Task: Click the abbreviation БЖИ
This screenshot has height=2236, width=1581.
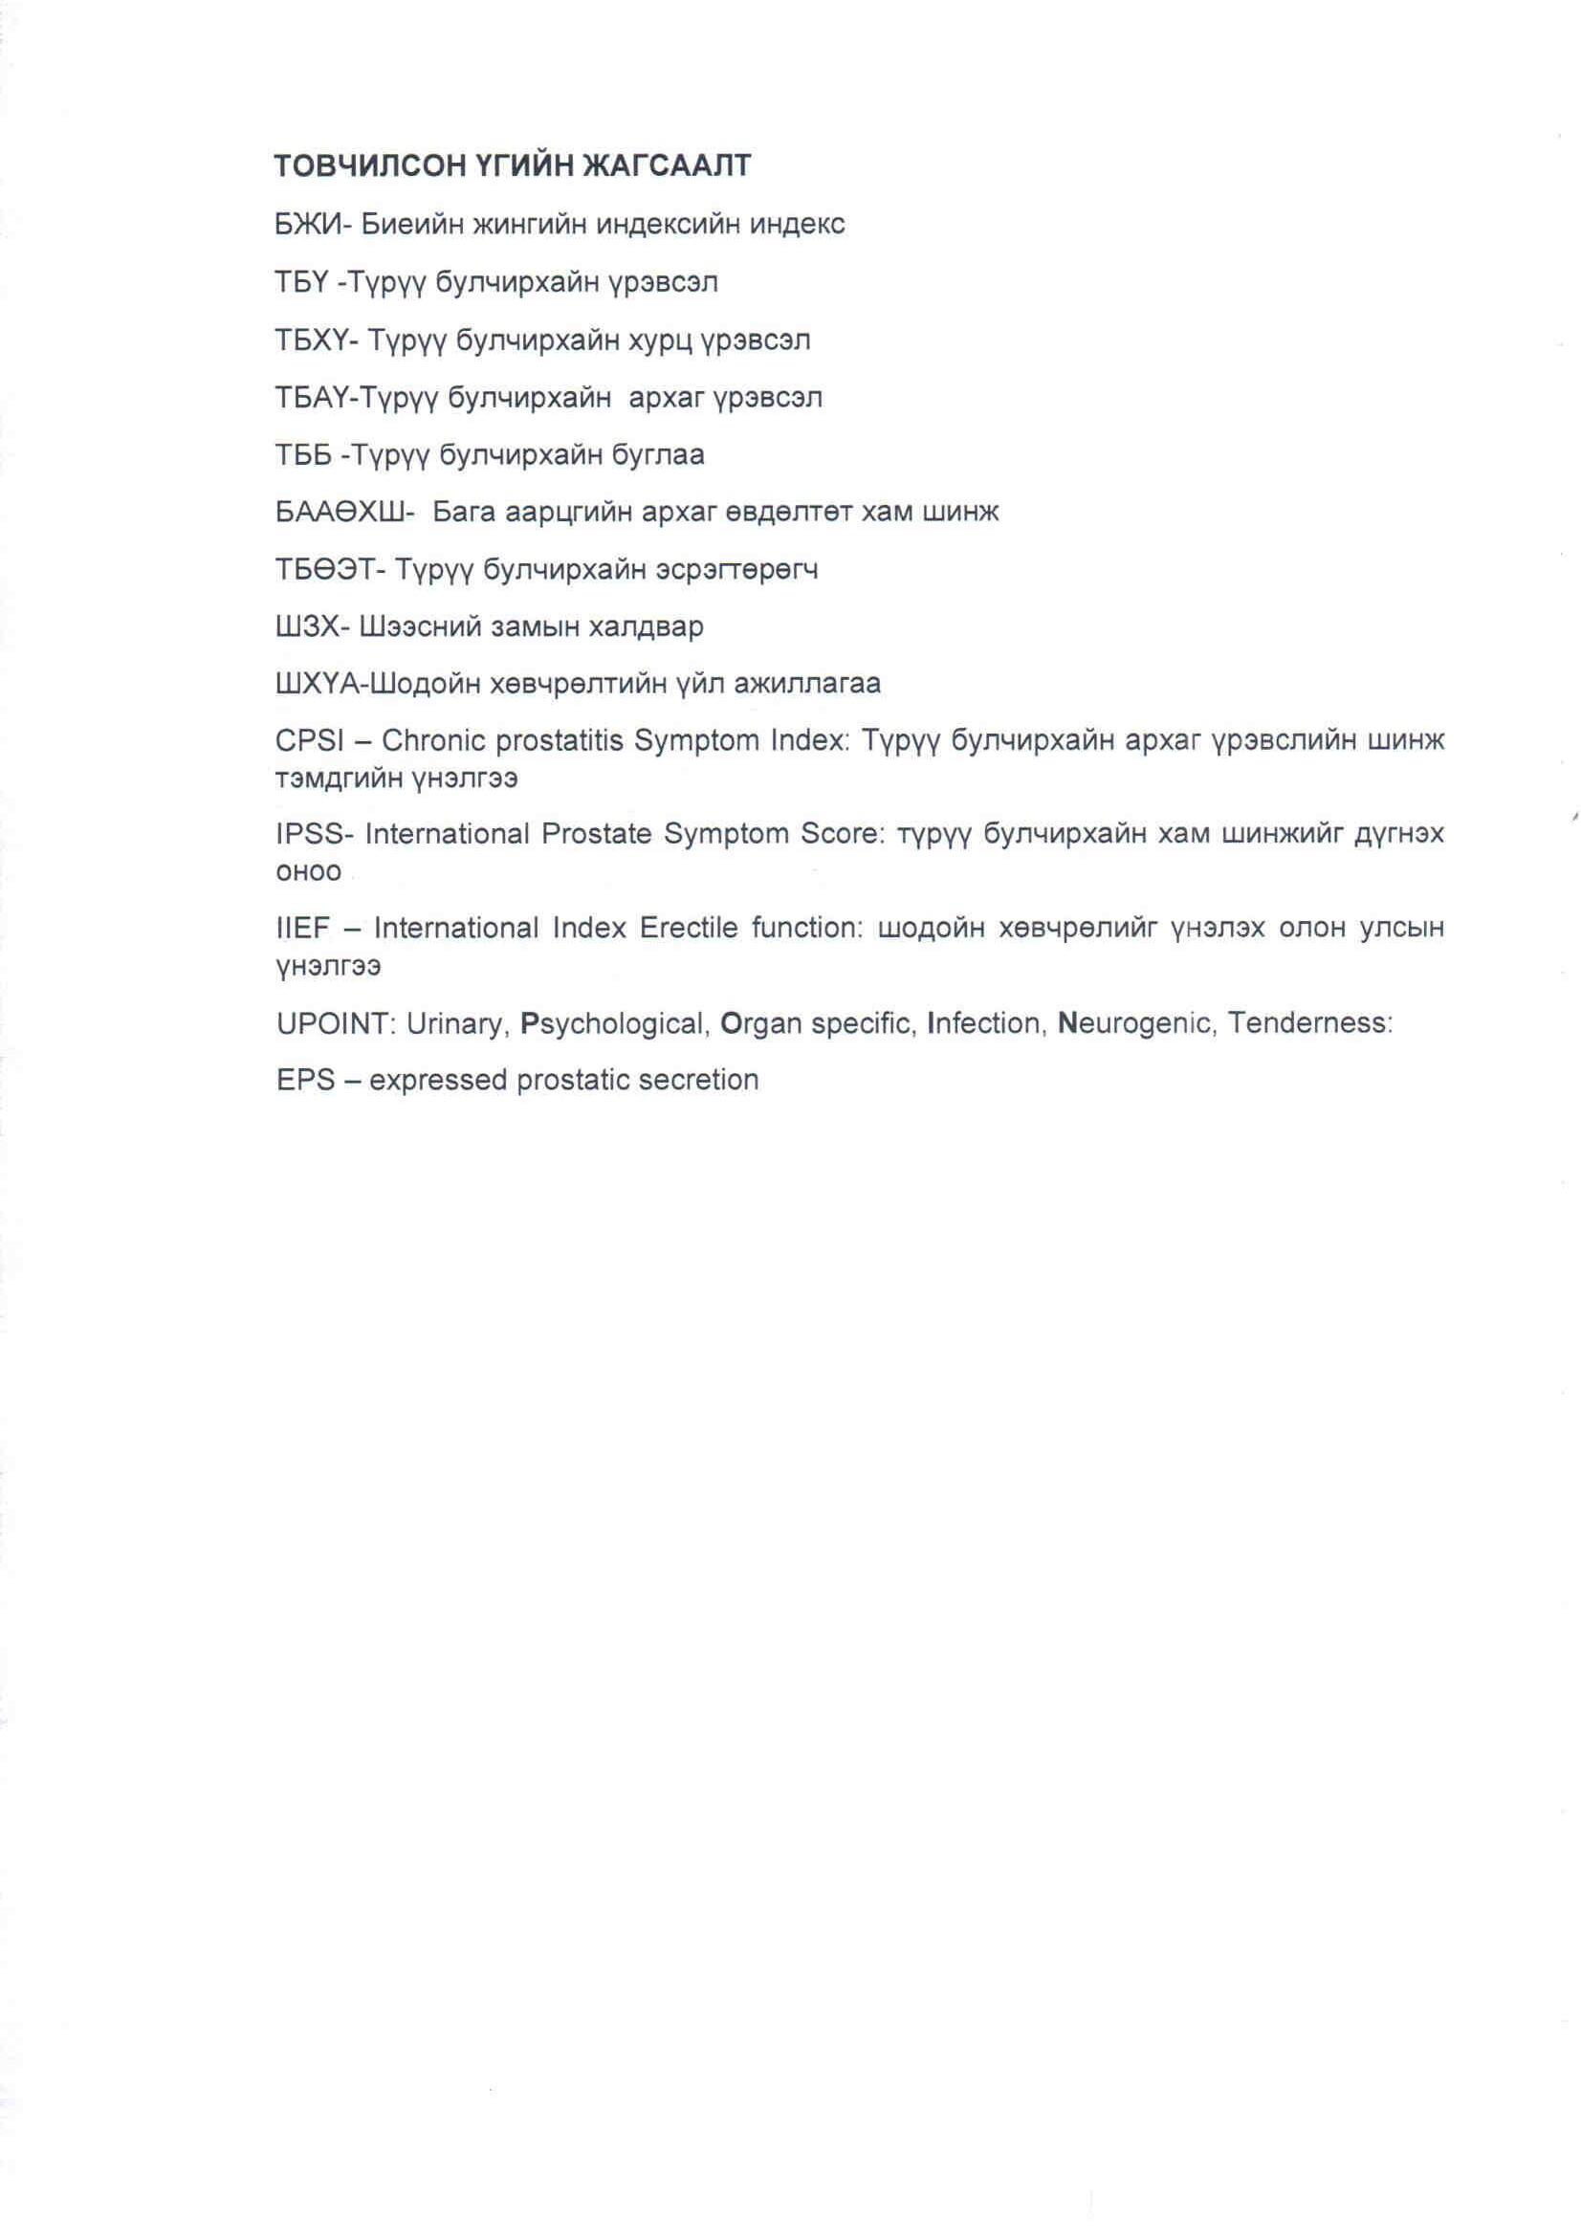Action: [309, 225]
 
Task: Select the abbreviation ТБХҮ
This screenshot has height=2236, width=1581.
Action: [317, 340]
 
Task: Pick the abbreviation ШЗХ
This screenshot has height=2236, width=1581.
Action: [307, 626]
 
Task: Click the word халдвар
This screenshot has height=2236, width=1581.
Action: [646, 626]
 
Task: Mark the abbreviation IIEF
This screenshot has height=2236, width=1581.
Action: [303, 928]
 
